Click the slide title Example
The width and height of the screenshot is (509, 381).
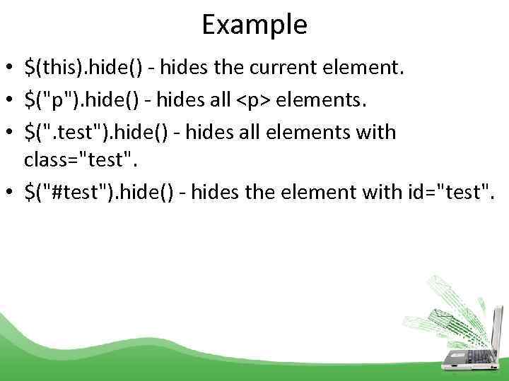coord(255,25)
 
